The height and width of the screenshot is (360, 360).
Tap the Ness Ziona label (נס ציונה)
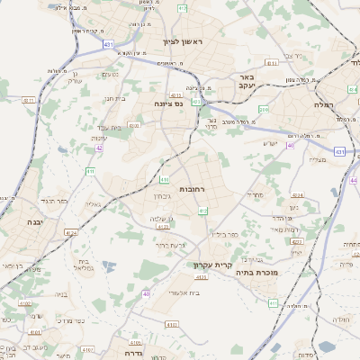[x=166, y=103]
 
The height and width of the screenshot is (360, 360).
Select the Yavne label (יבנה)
[x=35, y=221]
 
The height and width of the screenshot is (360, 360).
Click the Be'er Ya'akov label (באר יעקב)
[x=248, y=84]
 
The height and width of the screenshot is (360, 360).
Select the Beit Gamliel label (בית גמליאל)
[x=85, y=265]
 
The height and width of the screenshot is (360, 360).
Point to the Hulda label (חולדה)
[x=340, y=319]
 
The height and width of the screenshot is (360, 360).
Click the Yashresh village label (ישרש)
[x=271, y=144]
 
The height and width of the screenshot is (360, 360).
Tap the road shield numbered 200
[x=264, y=110]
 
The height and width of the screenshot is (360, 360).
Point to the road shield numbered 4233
[x=298, y=242]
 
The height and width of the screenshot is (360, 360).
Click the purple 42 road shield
[x=98, y=148]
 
